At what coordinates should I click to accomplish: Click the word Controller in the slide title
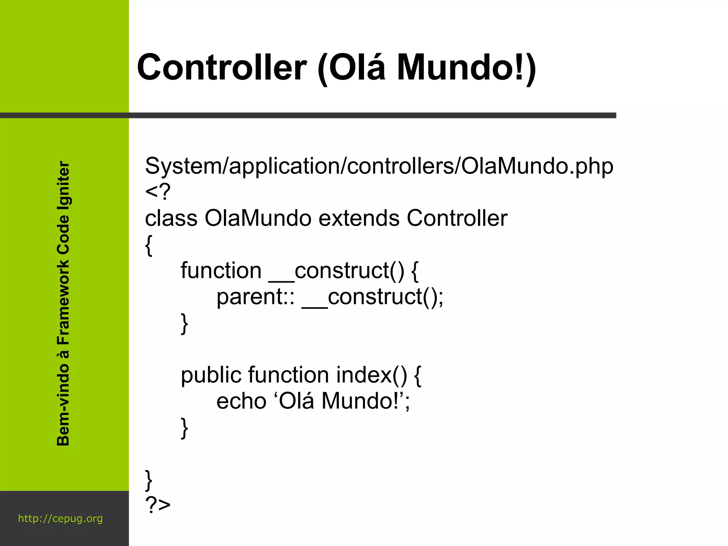pyautogui.click(x=222, y=68)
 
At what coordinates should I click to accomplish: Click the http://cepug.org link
pyautogui.click(x=60, y=519)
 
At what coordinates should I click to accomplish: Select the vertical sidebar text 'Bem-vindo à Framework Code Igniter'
pyautogui.click(x=63, y=304)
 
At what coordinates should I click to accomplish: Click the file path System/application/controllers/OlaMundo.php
pyautogui.click(x=379, y=166)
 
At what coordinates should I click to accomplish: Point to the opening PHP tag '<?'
pyautogui.click(x=158, y=192)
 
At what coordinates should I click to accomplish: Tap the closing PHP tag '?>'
pyautogui.click(x=158, y=505)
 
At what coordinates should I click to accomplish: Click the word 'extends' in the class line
pyautogui.click(x=359, y=218)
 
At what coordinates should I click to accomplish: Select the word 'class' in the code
pyautogui.click(x=171, y=218)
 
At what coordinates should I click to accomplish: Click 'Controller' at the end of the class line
pyautogui.click(x=457, y=218)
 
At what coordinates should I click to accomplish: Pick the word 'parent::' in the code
pyautogui.click(x=255, y=297)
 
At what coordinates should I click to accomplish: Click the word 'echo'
pyautogui.click(x=241, y=401)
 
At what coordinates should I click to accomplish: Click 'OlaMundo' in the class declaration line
pyautogui.click(x=258, y=218)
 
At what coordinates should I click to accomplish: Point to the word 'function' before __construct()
pyautogui.click(x=221, y=271)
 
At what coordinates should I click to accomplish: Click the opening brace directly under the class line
pyautogui.click(x=149, y=245)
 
